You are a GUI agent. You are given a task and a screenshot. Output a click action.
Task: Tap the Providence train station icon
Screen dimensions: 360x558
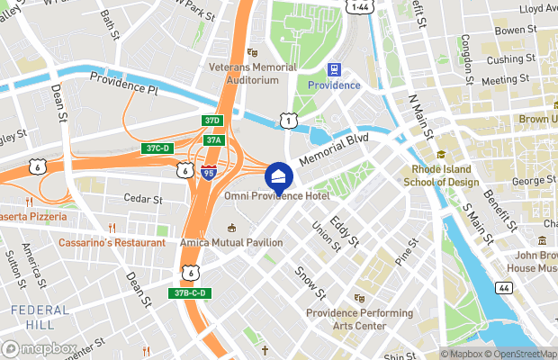(335, 69)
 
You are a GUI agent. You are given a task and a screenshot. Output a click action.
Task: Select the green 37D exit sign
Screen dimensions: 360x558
(211, 121)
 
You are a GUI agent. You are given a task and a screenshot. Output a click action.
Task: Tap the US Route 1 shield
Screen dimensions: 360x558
(287, 120)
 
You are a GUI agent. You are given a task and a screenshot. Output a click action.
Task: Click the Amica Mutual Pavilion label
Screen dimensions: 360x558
(230, 243)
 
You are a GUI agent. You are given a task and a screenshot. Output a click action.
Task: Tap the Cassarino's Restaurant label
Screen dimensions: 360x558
(112, 243)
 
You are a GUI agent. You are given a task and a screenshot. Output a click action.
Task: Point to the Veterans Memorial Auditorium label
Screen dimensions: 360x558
(252, 73)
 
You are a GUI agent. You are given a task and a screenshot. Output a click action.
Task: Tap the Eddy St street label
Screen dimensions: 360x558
(344, 230)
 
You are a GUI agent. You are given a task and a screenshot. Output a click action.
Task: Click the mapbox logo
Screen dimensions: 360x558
(40, 348)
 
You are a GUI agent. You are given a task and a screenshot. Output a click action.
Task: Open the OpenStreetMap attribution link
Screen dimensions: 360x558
(522, 353)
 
